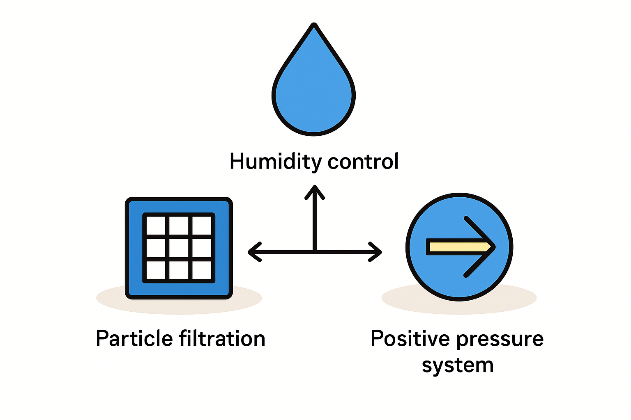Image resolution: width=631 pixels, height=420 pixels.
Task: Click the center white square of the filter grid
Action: point(179,248)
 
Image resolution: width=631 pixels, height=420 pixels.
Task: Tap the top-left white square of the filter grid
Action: point(156,226)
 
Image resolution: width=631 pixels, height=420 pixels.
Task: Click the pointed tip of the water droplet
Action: point(314,26)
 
